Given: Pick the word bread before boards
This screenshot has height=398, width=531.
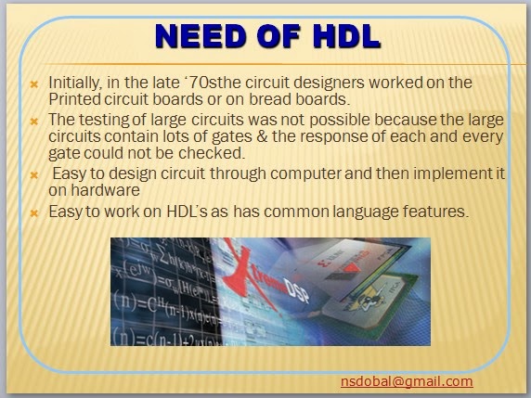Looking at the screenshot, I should (295, 99).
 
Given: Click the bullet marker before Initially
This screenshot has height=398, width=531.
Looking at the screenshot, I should (33, 83).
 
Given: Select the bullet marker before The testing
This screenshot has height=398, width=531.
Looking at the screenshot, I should (33, 120).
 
